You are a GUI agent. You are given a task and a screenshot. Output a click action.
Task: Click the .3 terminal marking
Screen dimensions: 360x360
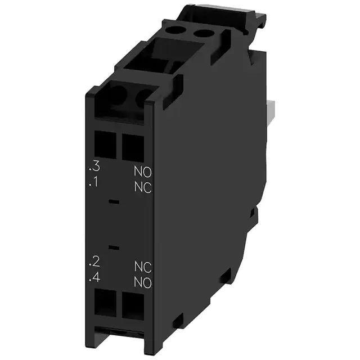[x=94, y=166]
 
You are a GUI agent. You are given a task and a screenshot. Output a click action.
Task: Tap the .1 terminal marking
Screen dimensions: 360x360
[x=94, y=183]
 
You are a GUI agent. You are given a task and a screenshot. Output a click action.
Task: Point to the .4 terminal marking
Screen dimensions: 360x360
[x=94, y=277]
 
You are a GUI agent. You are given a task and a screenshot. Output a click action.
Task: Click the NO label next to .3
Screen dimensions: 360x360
[x=143, y=170]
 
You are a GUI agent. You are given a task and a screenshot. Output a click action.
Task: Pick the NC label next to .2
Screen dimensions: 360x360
[x=143, y=265]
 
